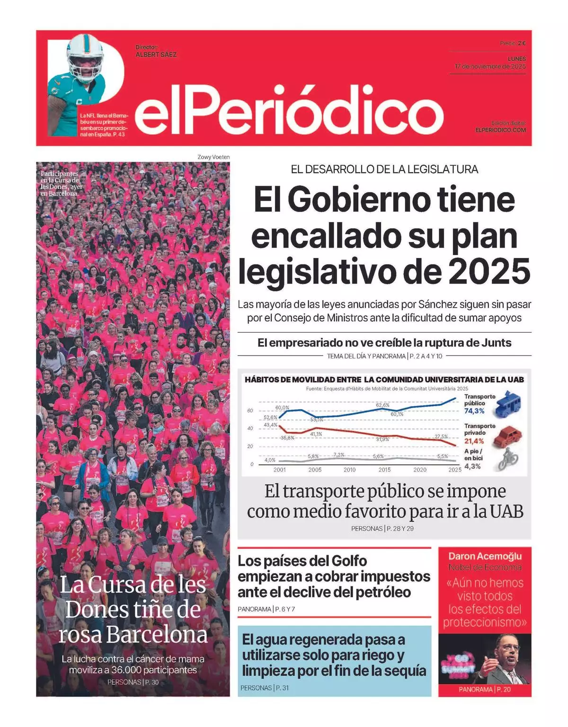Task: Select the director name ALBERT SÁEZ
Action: [156, 54]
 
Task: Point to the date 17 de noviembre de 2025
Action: [490, 66]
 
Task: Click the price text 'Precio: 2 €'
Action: [513, 43]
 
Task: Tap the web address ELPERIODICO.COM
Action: [500, 130]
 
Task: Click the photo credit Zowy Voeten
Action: [213, 157]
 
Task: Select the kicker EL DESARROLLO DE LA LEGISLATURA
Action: [384, 169]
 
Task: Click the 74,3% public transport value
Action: [474, 411]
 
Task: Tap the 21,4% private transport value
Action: [474, 441]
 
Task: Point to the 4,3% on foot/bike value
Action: [472, 466]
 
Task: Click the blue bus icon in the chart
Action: [507, 404]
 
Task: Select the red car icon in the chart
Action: [507, 436]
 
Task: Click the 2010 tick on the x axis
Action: [349, 470]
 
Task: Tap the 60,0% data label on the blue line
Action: [282, 408]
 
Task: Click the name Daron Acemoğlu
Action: [485, 556]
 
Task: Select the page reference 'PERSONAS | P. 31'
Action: [264, 688]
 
